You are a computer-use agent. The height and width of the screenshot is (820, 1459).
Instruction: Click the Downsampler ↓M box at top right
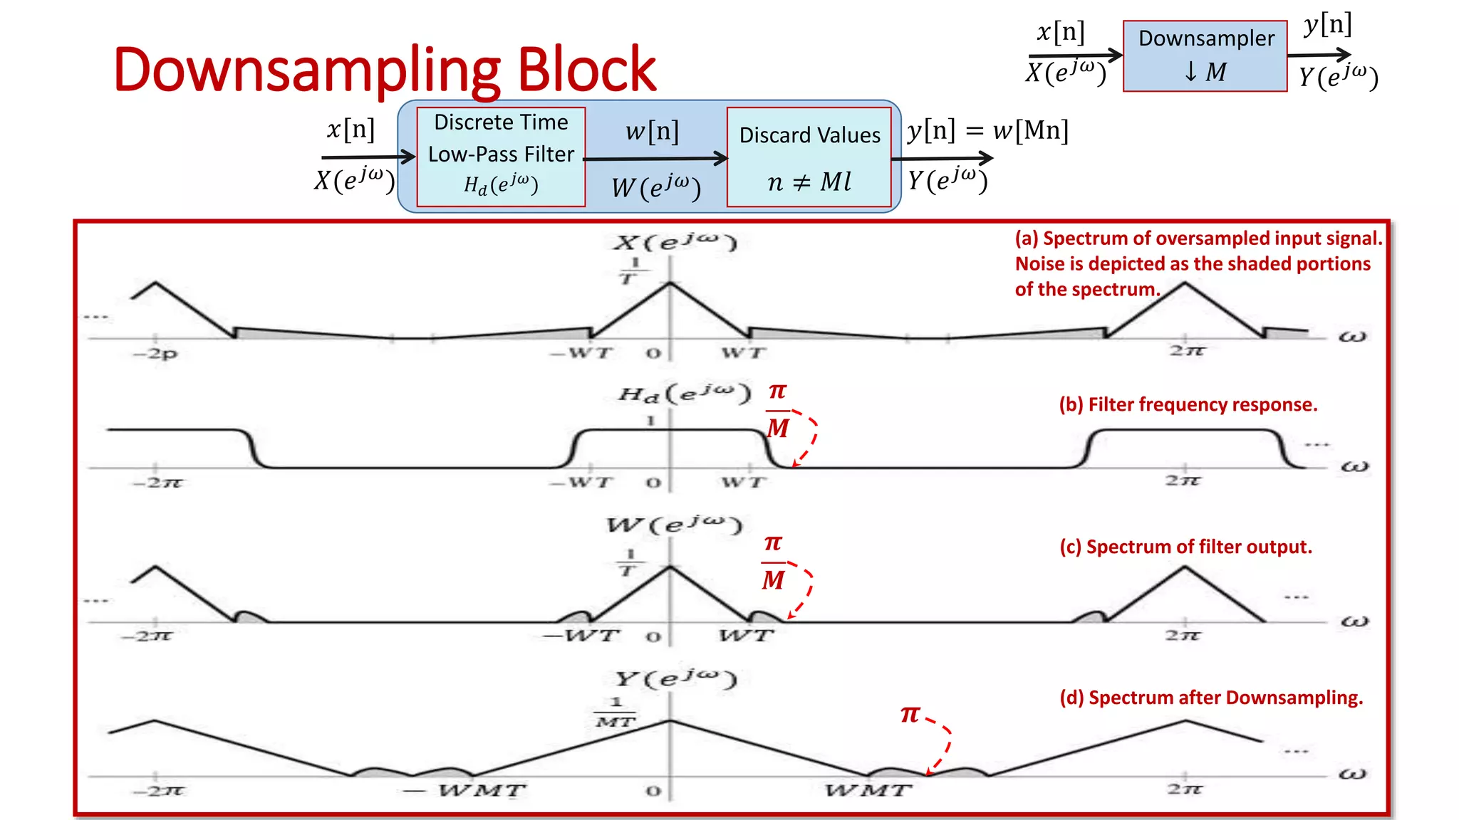point(1205,56)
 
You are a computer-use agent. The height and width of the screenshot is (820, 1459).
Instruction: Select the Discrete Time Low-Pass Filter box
point(501,157)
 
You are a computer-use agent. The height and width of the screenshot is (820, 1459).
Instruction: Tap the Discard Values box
point(809,157)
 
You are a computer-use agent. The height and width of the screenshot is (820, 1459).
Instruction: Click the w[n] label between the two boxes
point(652,132)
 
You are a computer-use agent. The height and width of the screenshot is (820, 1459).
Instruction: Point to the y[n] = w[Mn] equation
point(987,131)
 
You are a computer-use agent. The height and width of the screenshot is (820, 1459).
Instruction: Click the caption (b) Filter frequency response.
point(1188,404)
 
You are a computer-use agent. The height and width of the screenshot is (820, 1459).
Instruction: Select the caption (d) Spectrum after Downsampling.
point(1210,698)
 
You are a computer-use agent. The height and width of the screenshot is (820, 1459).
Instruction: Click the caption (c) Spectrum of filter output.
point(1185,547)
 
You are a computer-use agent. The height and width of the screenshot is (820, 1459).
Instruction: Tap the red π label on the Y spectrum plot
point(910,714)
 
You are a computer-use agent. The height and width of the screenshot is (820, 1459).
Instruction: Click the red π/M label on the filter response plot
point(777,411)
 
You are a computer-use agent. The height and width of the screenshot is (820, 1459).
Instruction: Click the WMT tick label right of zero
point(868,791)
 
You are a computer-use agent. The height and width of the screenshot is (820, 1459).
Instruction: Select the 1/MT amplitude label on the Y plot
point(616,712)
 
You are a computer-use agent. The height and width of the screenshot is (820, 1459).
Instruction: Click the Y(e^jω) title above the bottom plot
point(675,679)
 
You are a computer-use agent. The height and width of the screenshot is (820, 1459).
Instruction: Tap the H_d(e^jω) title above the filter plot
point(685,394)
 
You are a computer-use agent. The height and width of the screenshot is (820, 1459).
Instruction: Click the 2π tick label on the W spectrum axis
point(1183,635)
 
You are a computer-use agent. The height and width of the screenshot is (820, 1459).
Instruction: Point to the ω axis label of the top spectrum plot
point(1351,337)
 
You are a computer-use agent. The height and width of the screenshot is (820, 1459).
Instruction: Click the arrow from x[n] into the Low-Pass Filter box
point(368,157)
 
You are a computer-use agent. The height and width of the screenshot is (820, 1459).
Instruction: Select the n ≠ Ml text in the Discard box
point(809,182)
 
